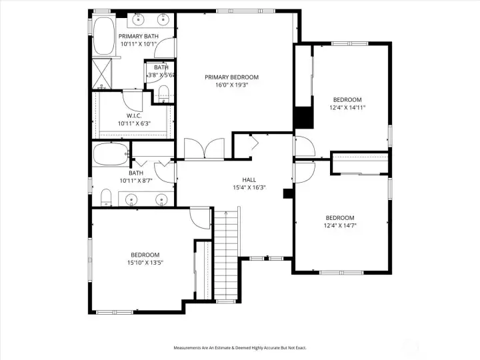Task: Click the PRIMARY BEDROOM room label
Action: click(x=231, y=77)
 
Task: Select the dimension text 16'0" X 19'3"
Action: click(x=231, y=86)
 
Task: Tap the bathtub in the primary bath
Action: click(x=104, y=37)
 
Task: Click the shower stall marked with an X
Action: click(x=103, y=74)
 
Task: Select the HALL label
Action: click(x=249, y=180)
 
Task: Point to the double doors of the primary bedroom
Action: click(x=205, y=149)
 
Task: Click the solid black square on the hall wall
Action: click(x=288, y=194)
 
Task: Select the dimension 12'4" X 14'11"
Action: click(x=347, y=107)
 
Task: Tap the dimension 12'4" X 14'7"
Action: click(x=340, y=227)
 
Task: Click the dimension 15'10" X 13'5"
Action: click(x=145, y=263)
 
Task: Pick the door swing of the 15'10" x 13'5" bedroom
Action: click(x=199, y=216)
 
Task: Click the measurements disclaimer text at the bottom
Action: click(x=239, y=347)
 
